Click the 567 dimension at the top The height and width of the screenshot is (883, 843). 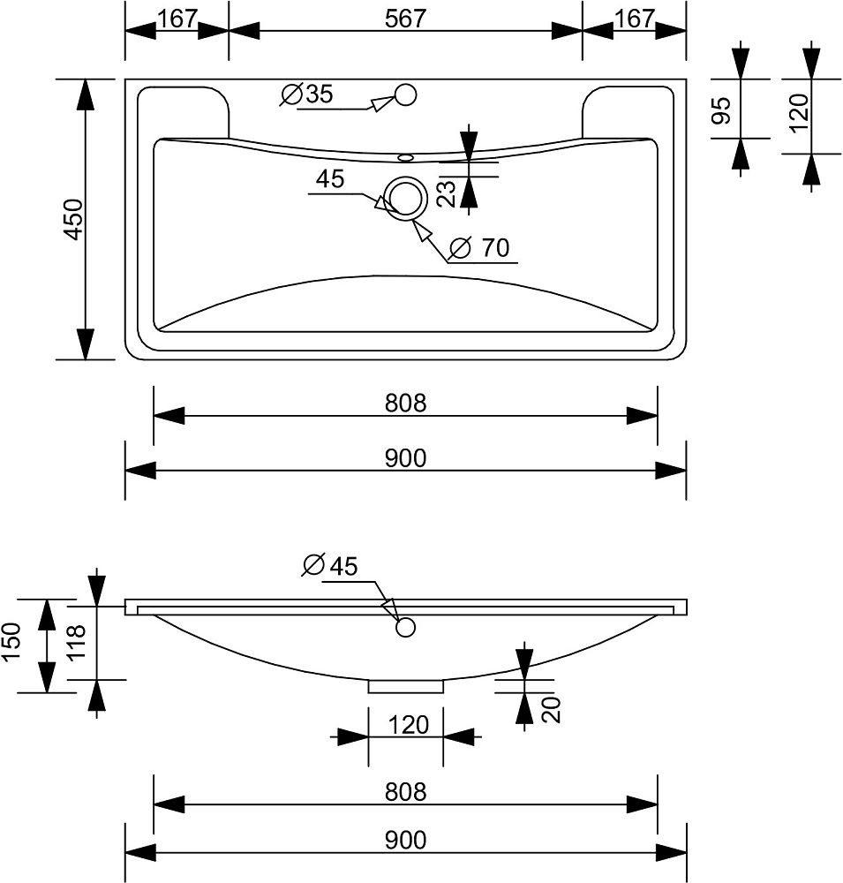pyautogui.click(x=405, y=19)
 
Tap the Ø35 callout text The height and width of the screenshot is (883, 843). pyautogui.click(x=306, y=94)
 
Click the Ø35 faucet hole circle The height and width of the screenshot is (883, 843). pyautogui.click(x=405, y=94)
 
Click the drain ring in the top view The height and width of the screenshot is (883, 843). pyautogui.click(x=405, y=197)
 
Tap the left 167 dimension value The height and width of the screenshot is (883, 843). pyautogui.click(x=177, y=19)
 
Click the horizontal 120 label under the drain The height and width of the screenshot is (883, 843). pyautogui.click(x=407, y=726)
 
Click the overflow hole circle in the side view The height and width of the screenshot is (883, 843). pyautogui.click(x=405, y=627)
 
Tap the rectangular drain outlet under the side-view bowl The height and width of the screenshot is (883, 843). pyautogui.click(x=405, y=685)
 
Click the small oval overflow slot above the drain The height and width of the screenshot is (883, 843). pyautogui.click(x=405, y=158)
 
